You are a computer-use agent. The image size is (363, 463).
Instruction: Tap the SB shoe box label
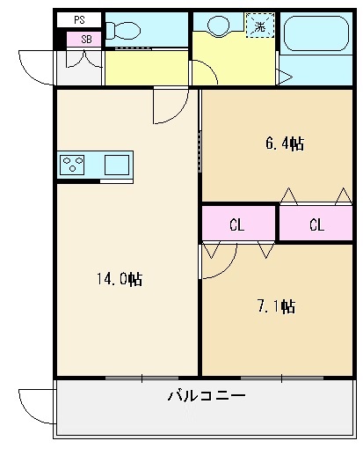(85, 39)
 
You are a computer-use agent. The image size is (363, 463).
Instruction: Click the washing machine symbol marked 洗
(259, 26)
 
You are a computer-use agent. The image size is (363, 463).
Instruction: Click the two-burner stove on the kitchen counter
(72, 164)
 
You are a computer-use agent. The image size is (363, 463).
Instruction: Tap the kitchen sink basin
(116, 164)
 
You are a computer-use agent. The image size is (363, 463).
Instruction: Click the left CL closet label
(236, 224)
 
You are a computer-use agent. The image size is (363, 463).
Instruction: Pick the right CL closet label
(316, 224)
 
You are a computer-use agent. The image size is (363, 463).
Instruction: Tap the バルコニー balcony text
(206, 397)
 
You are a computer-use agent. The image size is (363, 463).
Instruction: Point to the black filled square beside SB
(61, 40)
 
